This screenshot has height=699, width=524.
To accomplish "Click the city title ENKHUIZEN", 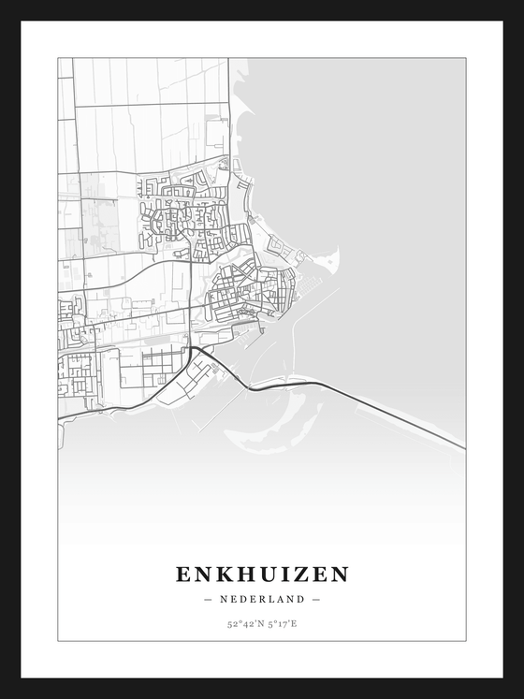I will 262,574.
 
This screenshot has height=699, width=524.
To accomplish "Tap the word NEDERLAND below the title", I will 262,599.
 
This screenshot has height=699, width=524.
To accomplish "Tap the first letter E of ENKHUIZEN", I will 183,574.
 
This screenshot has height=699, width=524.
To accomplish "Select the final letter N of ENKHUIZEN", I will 340,574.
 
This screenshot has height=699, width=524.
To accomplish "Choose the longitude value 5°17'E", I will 281,623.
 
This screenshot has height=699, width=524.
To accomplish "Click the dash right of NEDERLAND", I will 316,599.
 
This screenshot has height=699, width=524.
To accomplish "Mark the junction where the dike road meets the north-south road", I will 193,347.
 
